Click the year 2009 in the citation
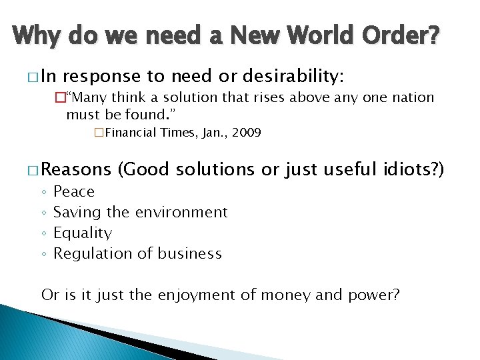click(247, 133)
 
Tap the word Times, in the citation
click(179, 133)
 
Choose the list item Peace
click(73, 192)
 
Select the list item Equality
click(83, 233)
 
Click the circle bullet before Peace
click(43, 193)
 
